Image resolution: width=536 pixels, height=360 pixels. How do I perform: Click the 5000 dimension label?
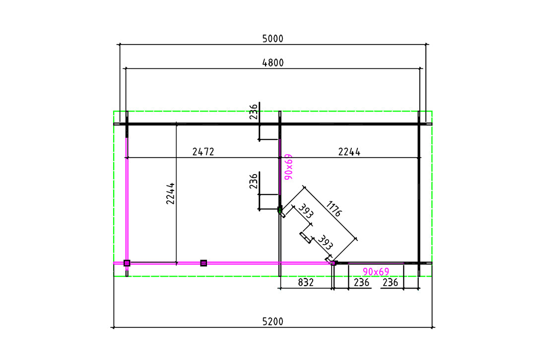pyautogui.click(x=273, y=39)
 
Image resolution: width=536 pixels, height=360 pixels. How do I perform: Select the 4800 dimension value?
pyautogui.click(x=273, y=63)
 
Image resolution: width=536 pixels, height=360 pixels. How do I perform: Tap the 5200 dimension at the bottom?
pyautogui.click(x=273, y=322)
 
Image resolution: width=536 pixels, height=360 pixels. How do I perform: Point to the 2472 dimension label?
pyautogui.click(x=203, y=152)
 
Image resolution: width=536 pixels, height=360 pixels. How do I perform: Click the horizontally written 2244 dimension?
pyautogui.click(x=349, y=152)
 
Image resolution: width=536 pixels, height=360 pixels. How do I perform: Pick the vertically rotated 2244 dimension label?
pyautogui.click(x=170, y=193)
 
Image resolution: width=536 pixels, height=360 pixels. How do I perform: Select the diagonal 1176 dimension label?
pyautogui.click(x=334, y=209)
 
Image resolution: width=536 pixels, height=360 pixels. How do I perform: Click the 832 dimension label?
pyautogui.click(x=306, y=283)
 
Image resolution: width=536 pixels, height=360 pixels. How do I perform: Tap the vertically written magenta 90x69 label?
pyautogui.click(x=288, y=167)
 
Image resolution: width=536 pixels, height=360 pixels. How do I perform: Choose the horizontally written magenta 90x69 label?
pyautogui.click(x=376, y=272)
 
